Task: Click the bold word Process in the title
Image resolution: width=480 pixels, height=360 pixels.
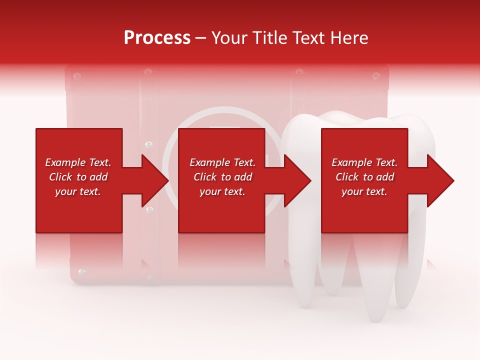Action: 157,38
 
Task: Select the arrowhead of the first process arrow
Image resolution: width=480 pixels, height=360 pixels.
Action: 155,180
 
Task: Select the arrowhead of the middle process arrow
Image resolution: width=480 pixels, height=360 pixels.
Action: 298,180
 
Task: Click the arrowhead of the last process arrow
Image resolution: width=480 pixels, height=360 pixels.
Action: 441,180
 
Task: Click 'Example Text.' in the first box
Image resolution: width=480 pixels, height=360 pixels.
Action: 78,162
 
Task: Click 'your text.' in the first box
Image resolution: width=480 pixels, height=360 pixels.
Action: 78,191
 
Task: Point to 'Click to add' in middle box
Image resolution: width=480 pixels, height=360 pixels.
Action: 222,177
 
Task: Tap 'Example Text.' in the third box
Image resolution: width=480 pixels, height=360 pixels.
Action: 364,162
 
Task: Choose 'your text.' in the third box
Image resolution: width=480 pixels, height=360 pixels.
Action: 364,191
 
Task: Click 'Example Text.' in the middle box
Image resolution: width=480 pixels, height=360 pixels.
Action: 222,162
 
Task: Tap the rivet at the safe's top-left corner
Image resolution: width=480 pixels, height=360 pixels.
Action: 76,76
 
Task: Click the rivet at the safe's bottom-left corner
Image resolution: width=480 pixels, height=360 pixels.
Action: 82,272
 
